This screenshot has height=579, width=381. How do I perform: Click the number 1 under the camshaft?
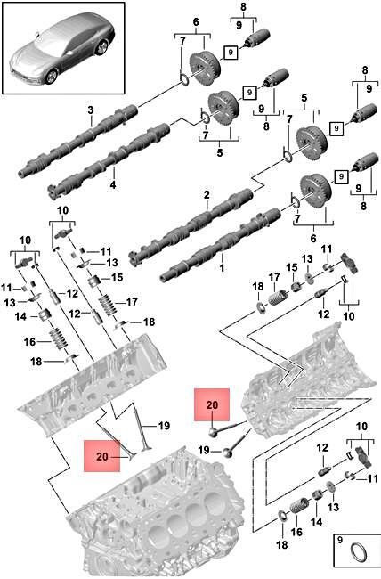(222, 268)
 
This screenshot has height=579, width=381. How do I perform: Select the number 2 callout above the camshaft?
(207, 194)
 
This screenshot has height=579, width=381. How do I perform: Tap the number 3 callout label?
(91, 110)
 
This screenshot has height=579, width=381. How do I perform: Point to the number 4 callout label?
(113, 184)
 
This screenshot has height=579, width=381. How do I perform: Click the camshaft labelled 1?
(221, 244)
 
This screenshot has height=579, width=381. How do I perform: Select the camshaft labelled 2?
(191, 227)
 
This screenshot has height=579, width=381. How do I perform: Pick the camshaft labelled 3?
(78, 142)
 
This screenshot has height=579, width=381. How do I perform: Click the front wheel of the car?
(50, 77)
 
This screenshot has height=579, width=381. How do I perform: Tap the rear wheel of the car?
(101, 47)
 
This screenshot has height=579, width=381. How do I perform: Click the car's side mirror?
(36, 35)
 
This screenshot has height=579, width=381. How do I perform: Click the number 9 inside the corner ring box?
(340, 540)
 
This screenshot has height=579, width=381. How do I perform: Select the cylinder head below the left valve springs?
(92, 383)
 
